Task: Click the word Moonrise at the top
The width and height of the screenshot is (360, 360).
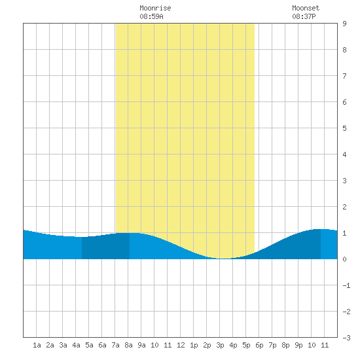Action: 155,8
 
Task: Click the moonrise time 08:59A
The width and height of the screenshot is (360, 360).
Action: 152,16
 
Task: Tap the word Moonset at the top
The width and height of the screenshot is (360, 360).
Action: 306,8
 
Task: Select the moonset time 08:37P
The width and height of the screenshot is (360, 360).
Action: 304,16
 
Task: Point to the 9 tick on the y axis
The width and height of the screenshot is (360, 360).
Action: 344,24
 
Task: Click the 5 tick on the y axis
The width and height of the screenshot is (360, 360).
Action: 344,128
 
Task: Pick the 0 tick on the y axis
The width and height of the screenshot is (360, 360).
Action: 344,259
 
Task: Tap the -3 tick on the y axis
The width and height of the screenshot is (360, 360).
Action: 346,338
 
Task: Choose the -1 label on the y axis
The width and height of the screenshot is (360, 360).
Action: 346,285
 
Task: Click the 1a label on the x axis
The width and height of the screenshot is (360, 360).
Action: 37,345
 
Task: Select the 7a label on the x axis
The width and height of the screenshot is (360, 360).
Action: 115,345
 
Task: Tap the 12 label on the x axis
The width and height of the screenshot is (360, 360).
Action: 181,345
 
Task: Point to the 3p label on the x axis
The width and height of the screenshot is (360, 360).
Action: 220,345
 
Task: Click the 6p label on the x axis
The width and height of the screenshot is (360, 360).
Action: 259,345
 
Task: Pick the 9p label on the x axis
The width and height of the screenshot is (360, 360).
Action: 298,345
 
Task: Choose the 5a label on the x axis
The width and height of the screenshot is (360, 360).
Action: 89,345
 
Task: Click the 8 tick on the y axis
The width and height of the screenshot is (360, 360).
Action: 344,50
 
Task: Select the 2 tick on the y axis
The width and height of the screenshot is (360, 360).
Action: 344,207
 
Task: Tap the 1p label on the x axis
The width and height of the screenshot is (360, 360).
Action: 194,345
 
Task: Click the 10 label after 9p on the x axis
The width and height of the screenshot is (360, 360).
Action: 312,345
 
